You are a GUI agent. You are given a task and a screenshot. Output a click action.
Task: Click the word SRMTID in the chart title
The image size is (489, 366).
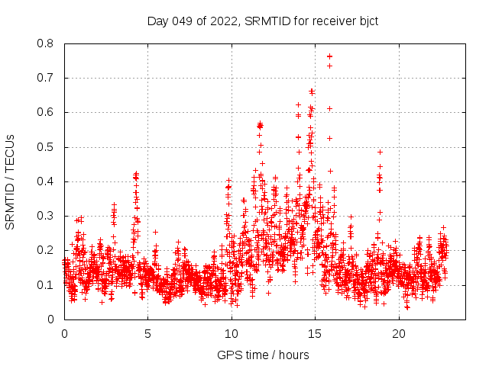[266, 21]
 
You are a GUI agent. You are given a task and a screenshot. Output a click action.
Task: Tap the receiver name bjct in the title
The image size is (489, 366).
[366, 21]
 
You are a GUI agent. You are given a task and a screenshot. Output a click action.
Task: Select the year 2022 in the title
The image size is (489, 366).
[224, 21]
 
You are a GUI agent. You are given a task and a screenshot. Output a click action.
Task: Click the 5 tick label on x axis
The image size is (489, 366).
[148, 334]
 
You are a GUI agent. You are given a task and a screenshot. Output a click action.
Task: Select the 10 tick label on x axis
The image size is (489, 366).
[232, 334]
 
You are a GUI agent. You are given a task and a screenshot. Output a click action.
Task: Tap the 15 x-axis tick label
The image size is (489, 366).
[316, 334]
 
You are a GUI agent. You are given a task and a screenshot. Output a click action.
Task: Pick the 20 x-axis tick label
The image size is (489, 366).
[399, 334]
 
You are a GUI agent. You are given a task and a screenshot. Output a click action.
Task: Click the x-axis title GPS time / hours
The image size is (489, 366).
[264, 355]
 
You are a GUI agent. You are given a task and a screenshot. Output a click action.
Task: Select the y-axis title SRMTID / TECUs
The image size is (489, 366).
[11, 181]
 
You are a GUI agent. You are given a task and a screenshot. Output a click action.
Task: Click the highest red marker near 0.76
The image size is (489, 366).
[329, 56]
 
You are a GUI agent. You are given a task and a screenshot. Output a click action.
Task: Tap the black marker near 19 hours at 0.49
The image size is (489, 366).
[380, 152]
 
